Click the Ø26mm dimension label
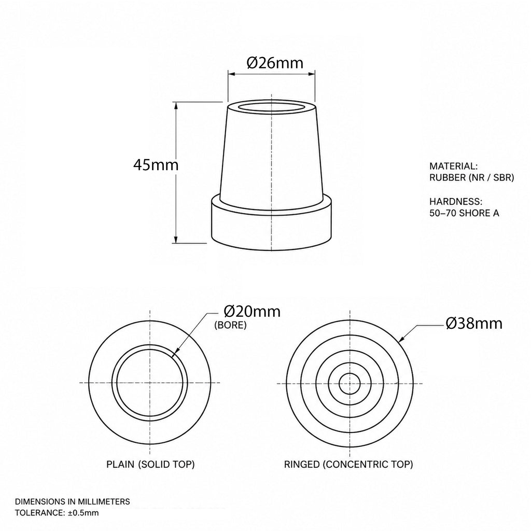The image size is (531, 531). (x=275, y=63)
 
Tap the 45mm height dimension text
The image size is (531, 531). (x=156, y=165)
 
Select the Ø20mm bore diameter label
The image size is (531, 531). (x=253, y=311)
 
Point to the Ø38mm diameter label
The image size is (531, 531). (x=474, y=324)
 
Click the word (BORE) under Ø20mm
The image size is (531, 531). (x=230, y=325)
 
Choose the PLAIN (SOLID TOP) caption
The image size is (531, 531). (x=150, y=464)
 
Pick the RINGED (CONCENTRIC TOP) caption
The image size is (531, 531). (x=348, y=464)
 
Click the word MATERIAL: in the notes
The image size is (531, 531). (x=453, y=166)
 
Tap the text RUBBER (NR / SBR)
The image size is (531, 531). (x=472, y=177)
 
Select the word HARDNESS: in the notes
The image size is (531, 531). (x=456, y=202)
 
